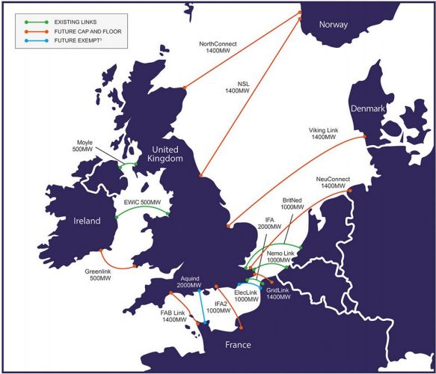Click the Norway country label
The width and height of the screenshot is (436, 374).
click(334, 25)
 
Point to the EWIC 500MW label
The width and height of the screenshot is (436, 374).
click(142, 202)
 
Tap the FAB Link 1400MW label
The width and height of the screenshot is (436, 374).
click(174, 315)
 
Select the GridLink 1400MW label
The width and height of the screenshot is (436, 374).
click(278, 293)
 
